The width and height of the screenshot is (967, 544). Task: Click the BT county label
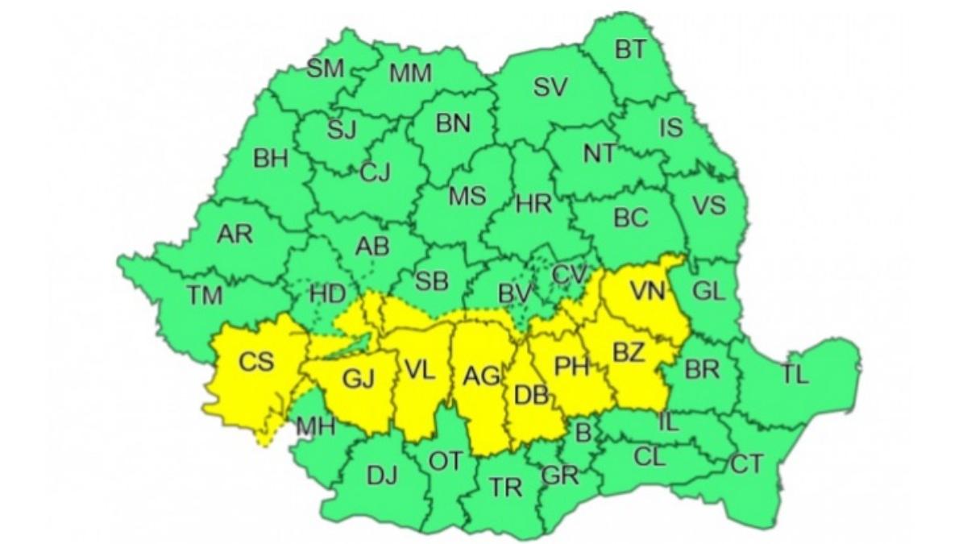(x=631, y=50)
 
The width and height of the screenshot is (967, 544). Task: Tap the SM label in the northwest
(x=326, y=69)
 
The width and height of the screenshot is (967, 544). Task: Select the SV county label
(x=551, y=88)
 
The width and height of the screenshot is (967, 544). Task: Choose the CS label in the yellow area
(x=256, y=362)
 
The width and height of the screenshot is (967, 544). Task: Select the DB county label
(x=531, y=396)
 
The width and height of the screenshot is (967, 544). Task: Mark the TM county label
(x=205, y=297)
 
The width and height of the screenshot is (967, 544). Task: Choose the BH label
(x=271, y=159)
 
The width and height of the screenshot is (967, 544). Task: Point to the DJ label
(x=383, y=476)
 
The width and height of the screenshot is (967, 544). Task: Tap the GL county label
(x=709, y=292)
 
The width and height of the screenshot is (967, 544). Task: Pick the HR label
(x=533, y=204)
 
